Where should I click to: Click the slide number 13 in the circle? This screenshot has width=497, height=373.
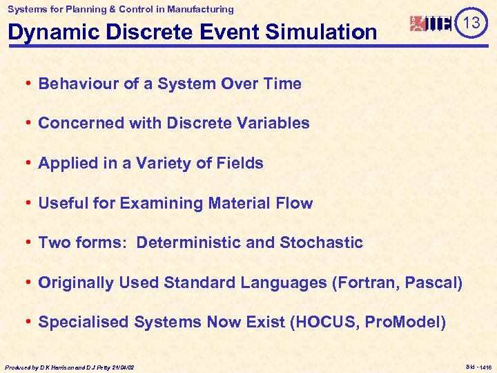(471, 23)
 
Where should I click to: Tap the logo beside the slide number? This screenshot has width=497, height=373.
(431, 23)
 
